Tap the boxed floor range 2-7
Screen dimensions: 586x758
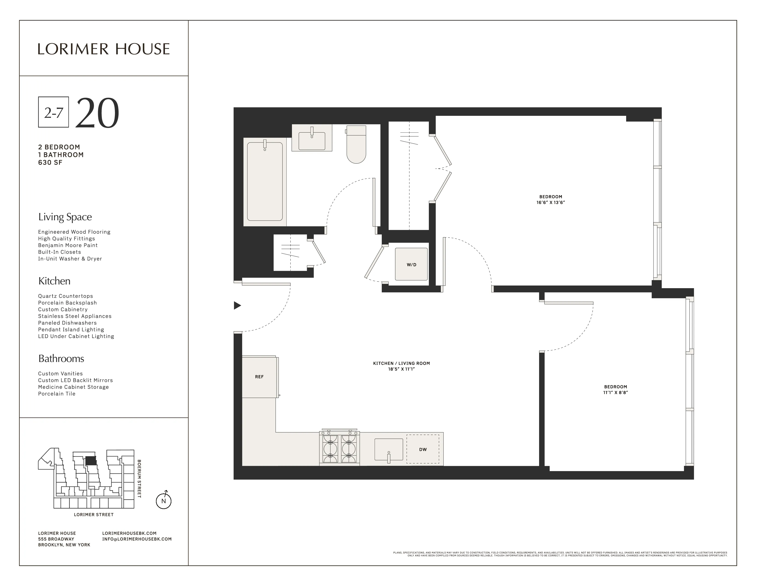tap(54, 112)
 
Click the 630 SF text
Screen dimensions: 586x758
tap(50, 162)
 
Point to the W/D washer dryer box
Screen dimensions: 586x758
tap(411, 264)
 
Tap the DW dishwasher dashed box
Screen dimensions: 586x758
tap(422, 449)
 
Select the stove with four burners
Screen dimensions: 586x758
tap(339, 449)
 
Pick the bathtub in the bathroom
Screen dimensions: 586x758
tap(264, 182)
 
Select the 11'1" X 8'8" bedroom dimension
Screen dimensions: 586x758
tap(615, 393)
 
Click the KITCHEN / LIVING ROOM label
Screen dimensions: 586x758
tap(401, 363)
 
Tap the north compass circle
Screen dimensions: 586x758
tap(164, 501)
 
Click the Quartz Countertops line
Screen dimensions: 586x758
tap(66, 296)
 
